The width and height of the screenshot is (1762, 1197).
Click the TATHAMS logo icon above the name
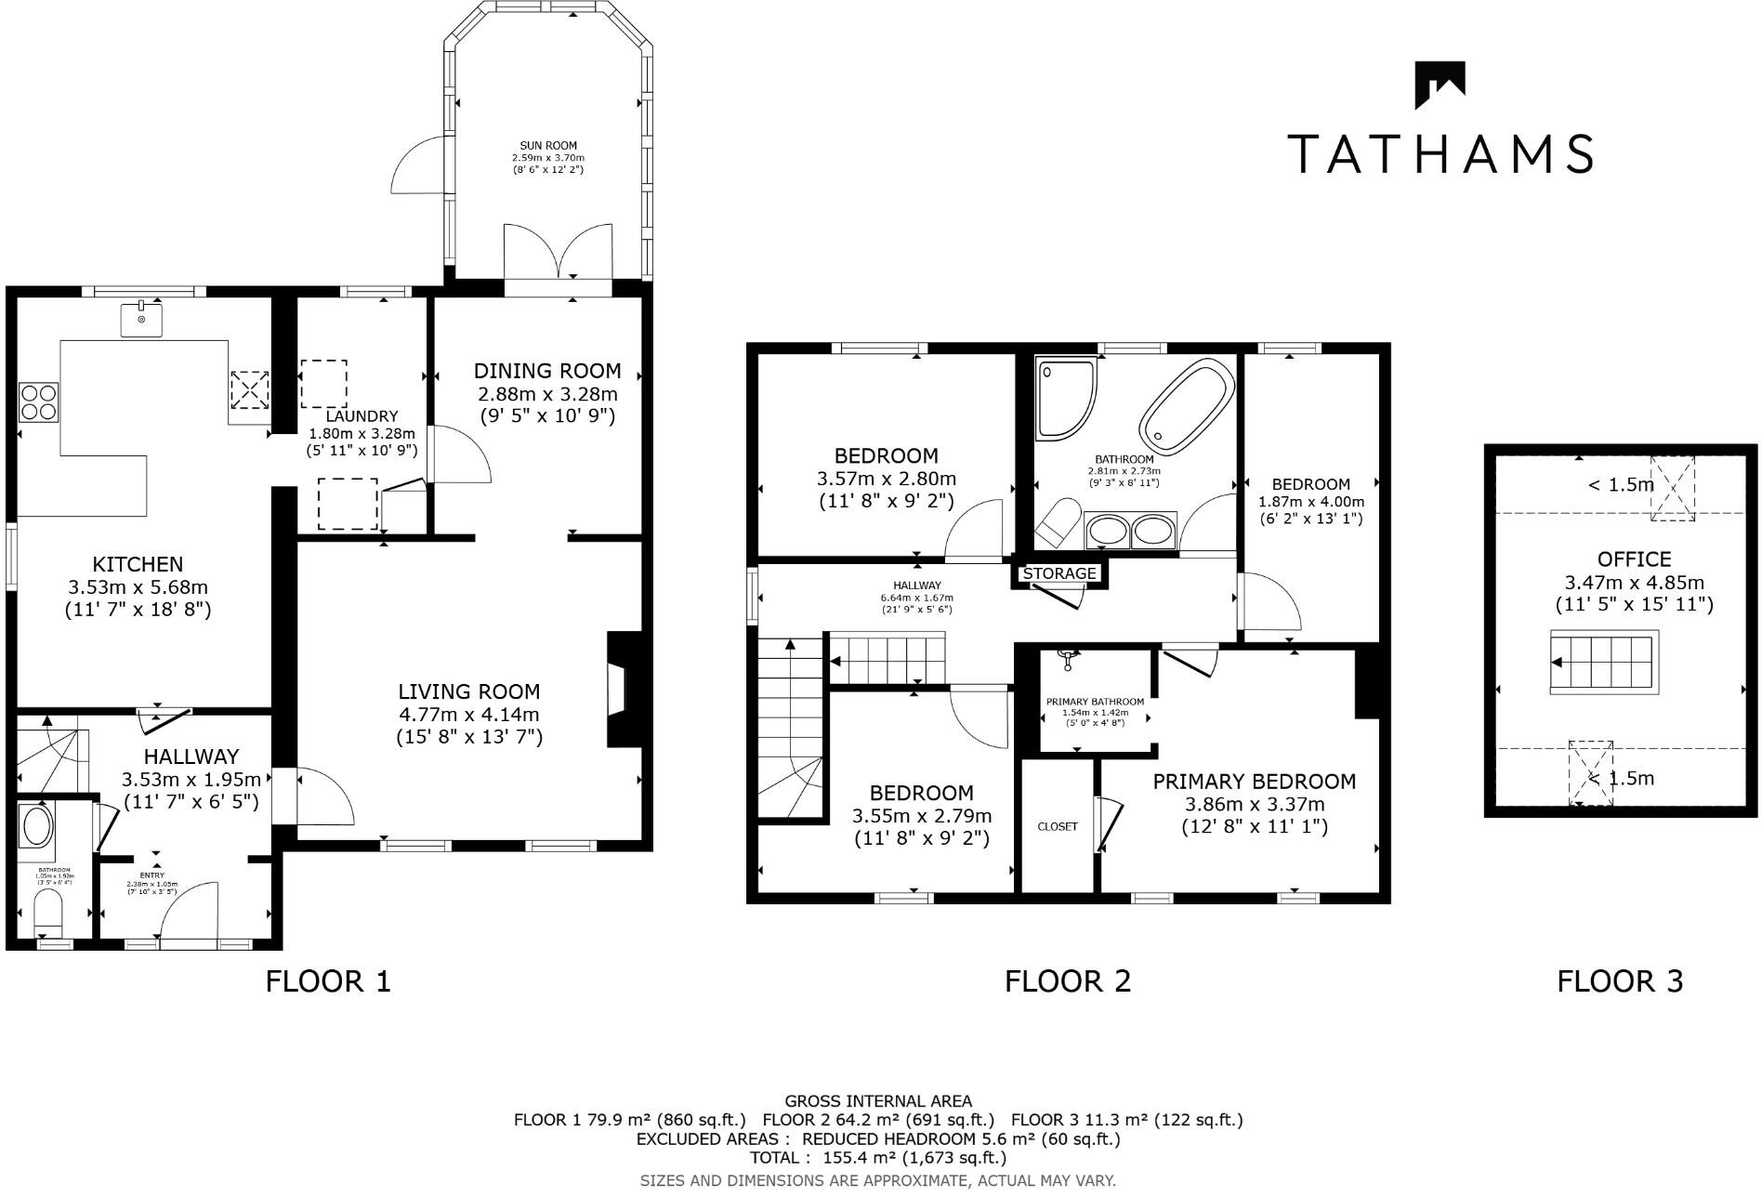(1440, 85)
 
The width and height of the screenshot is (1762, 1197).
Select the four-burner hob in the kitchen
(38, 402)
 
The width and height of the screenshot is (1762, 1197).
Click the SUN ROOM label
(548, 146)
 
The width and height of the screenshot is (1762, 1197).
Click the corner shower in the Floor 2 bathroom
(1066, 398)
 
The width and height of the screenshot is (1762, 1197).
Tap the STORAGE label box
(1059, 574)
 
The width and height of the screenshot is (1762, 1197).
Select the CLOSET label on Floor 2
(1058, 826)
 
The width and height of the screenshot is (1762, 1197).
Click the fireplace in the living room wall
(621, 690)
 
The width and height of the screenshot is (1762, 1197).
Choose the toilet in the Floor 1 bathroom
(46, 913)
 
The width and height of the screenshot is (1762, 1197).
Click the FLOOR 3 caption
(1620, 981)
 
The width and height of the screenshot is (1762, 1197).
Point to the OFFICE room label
(1634, 559)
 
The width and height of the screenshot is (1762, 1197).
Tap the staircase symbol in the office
(1603, 662)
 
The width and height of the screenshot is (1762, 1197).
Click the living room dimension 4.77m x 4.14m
(468, 715)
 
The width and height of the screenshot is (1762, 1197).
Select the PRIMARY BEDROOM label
(1254, 782)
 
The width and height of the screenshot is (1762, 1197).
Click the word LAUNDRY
(362, 417)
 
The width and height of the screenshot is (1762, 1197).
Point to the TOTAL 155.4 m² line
(878, 1158)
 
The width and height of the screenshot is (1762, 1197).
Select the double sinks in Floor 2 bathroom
(1130, 531)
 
